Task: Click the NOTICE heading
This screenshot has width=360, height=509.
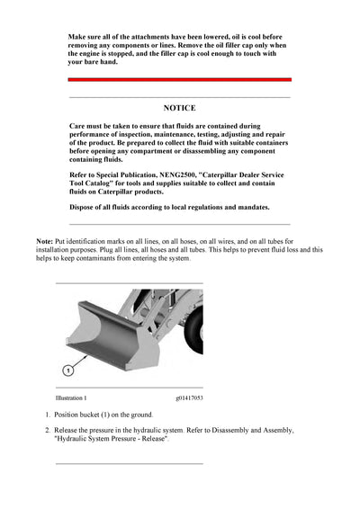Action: [179, 108]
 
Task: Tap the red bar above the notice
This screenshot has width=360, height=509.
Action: [179, 79]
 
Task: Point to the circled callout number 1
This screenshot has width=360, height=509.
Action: [67, 369]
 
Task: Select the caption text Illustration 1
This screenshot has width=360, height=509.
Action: [71, 397]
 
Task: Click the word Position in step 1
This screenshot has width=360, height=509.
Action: [68, 415]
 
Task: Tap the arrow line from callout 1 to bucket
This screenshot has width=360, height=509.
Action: [79, 360]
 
